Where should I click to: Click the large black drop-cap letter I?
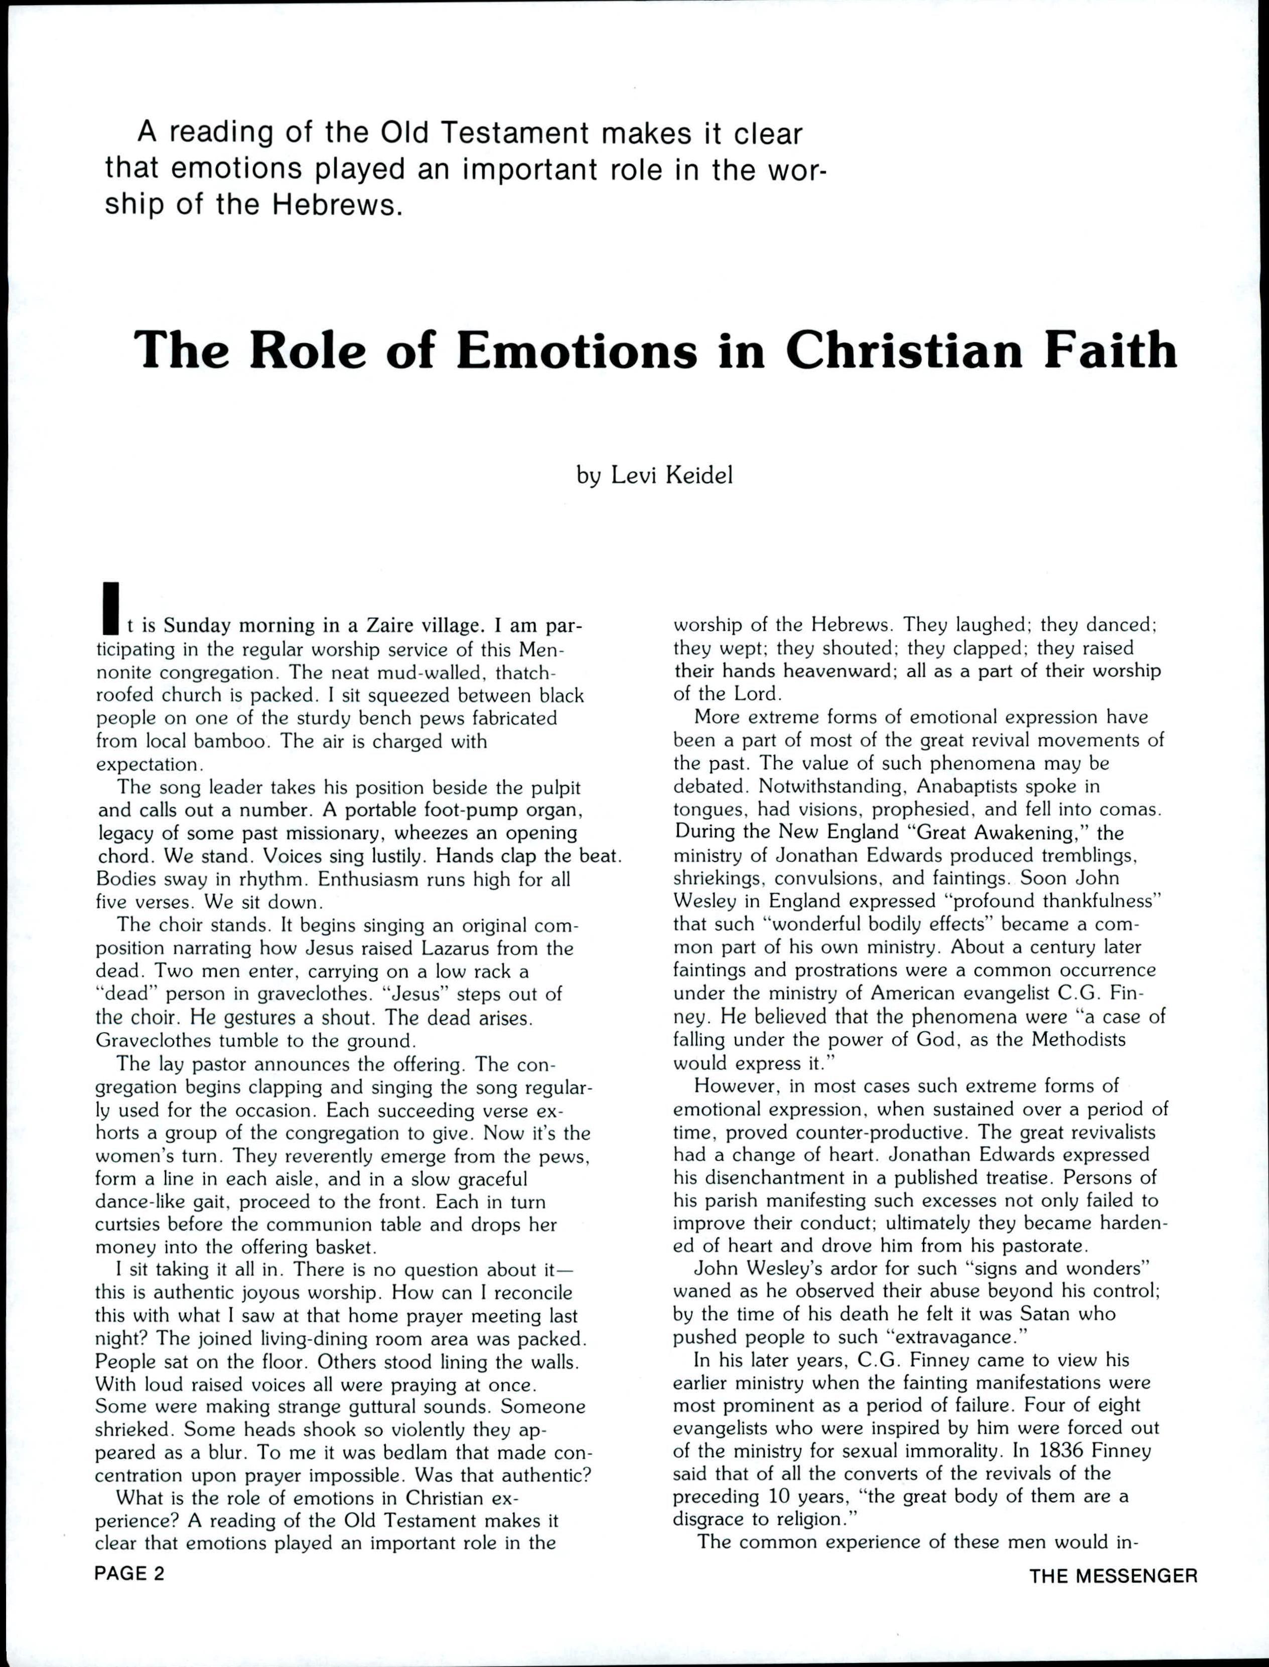[x=110, y=608]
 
